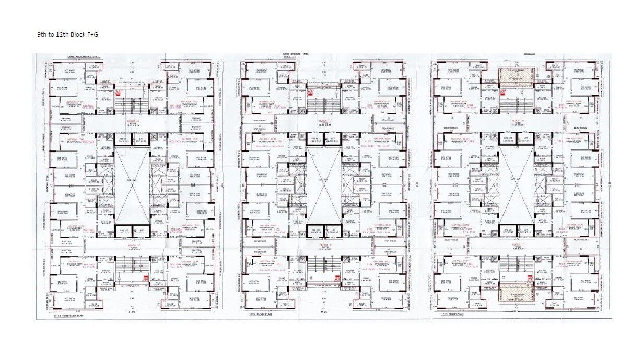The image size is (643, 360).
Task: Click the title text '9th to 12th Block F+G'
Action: (x=67, y=34)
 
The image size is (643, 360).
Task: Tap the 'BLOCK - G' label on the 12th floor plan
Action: (x=517, y=121)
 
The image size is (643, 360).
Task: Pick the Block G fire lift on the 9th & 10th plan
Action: (x=123, y=140)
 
